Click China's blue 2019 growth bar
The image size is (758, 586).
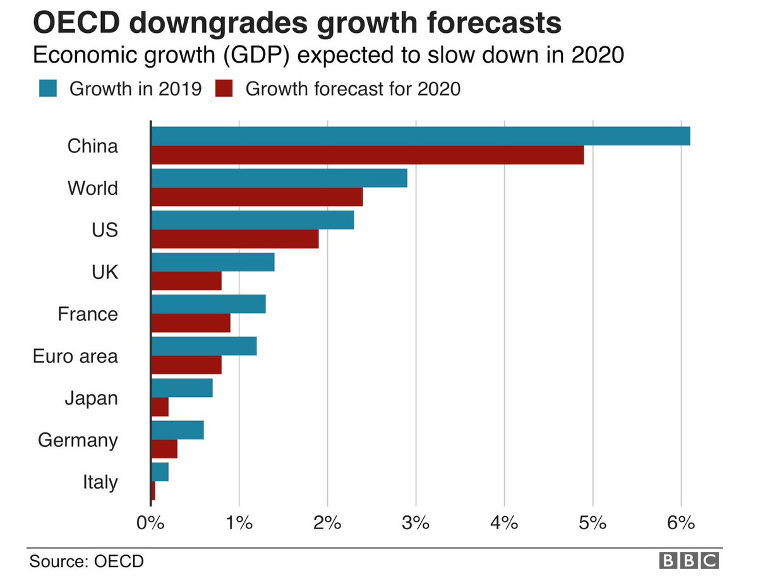coord(420,136)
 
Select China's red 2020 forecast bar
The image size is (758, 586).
coord(367,155)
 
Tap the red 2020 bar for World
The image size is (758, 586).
coord(256,197)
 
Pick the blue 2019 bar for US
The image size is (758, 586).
coord(252,220)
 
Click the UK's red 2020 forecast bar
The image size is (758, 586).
coord(186,281)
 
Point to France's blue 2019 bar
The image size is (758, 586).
coord(208,304)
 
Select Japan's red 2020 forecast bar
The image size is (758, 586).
coord(160,407)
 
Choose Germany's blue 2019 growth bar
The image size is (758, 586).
coord(177,430)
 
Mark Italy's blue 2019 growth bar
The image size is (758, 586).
coord(160,472)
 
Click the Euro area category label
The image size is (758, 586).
coord(75,356)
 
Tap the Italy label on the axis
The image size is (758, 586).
coord(100,482)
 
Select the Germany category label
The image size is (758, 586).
coord(78,440)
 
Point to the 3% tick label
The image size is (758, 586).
coord(416,523)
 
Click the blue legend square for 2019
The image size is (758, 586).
coord(47,89)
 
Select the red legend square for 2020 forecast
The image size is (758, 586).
coord(224,89)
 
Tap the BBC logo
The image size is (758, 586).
coord(689,560)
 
